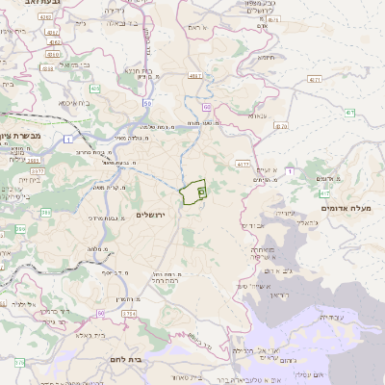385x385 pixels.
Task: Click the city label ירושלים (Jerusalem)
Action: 152,214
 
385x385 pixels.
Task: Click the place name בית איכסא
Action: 75,102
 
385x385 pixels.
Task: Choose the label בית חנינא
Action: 139,70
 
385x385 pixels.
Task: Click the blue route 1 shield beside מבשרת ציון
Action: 69,141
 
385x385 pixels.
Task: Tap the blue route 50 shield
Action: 146,101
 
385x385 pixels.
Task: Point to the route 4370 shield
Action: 280,125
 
